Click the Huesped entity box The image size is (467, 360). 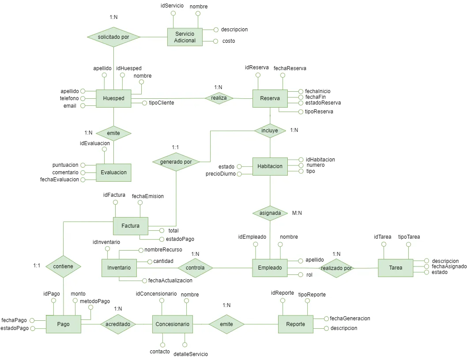(113, 98)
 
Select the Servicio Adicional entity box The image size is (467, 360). (185, 37)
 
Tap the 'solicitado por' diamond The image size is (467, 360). (113, 37)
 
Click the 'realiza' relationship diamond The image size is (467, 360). (219, 98)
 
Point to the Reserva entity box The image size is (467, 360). (270, 98)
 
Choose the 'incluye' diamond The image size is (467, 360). (270, 131)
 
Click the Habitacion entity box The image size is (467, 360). (270, 166)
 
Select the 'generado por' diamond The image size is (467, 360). (176, 162)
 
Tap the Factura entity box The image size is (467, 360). (131, 225)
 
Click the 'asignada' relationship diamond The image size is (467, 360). (270, 213)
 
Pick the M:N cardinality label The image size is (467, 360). (297, 213)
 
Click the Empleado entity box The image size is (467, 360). (270, 268)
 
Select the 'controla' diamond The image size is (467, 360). (195, 268)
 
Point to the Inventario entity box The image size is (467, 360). (119, 268)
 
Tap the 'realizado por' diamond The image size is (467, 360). (336, 268)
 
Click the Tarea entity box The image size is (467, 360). (395, 268)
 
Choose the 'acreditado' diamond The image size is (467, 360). (117, 324)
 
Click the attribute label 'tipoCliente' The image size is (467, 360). (161, 103)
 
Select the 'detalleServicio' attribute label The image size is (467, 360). (190, 354)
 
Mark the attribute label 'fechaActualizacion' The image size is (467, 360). (170, 281)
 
